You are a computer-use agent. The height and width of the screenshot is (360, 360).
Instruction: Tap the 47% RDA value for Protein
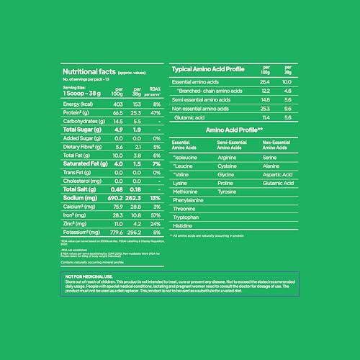153,113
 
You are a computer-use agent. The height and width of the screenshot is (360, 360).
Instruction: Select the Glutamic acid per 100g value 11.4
266,116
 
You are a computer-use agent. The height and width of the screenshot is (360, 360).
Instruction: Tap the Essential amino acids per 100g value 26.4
266,82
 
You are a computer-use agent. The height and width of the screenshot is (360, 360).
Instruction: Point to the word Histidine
185,225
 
